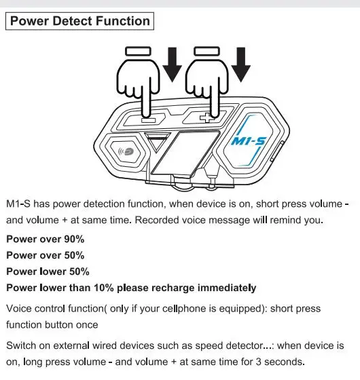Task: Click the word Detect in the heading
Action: tap(72, 21)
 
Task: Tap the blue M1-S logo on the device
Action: tap(249, 141)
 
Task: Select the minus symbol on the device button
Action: tap(148, 120)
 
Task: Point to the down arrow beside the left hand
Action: tap(173, 64)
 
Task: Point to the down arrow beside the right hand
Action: tap(240, 64)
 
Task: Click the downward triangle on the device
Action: tap(157, 142)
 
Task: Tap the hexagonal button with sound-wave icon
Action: tap(126, 151)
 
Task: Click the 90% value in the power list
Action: tap(74, 239)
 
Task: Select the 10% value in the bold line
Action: tap(104, 288)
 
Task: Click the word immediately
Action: tap(227, 288)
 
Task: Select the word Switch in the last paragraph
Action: tap(21, 345)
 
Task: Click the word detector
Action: tap(246, 345)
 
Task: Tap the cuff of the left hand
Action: tap(139, 52)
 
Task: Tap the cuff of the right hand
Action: tap(207, 52)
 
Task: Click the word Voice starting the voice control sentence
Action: tap(19, 309)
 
